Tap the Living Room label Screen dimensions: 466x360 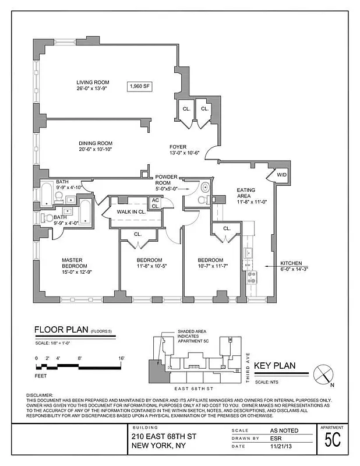tap(93, 83)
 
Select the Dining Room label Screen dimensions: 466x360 tap(96, 143)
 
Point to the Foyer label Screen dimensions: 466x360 tap(178, 147)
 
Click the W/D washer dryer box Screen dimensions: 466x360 tap(281, 175)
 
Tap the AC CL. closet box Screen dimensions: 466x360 tap(156, 203)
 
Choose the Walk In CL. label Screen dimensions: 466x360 tap(131, 212)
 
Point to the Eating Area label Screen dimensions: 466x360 tap(246, 190)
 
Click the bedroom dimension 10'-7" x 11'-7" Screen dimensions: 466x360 tap(210, 266)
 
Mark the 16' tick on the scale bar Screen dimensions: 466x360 tap(121, 358)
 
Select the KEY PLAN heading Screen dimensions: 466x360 tap(276, 366)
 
